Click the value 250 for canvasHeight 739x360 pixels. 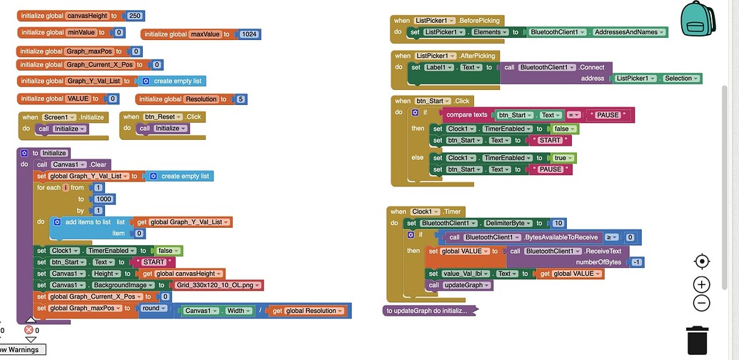(x=135, y=16)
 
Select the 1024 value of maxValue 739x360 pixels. (x=250, y=34)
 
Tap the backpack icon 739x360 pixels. (x=698, y=19)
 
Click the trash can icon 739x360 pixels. (x=698, y=340)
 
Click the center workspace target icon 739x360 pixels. (x=702, y=261)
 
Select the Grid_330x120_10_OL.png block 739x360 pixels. (x=218, y=285)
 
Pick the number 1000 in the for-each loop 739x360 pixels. (x=104, y=199)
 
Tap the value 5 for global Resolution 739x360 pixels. (x=241, y=99)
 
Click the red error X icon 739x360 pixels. (x=29, y=330)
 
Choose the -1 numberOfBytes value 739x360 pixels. (x=637, y=262)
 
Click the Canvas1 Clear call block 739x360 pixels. (x=72, y=164)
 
